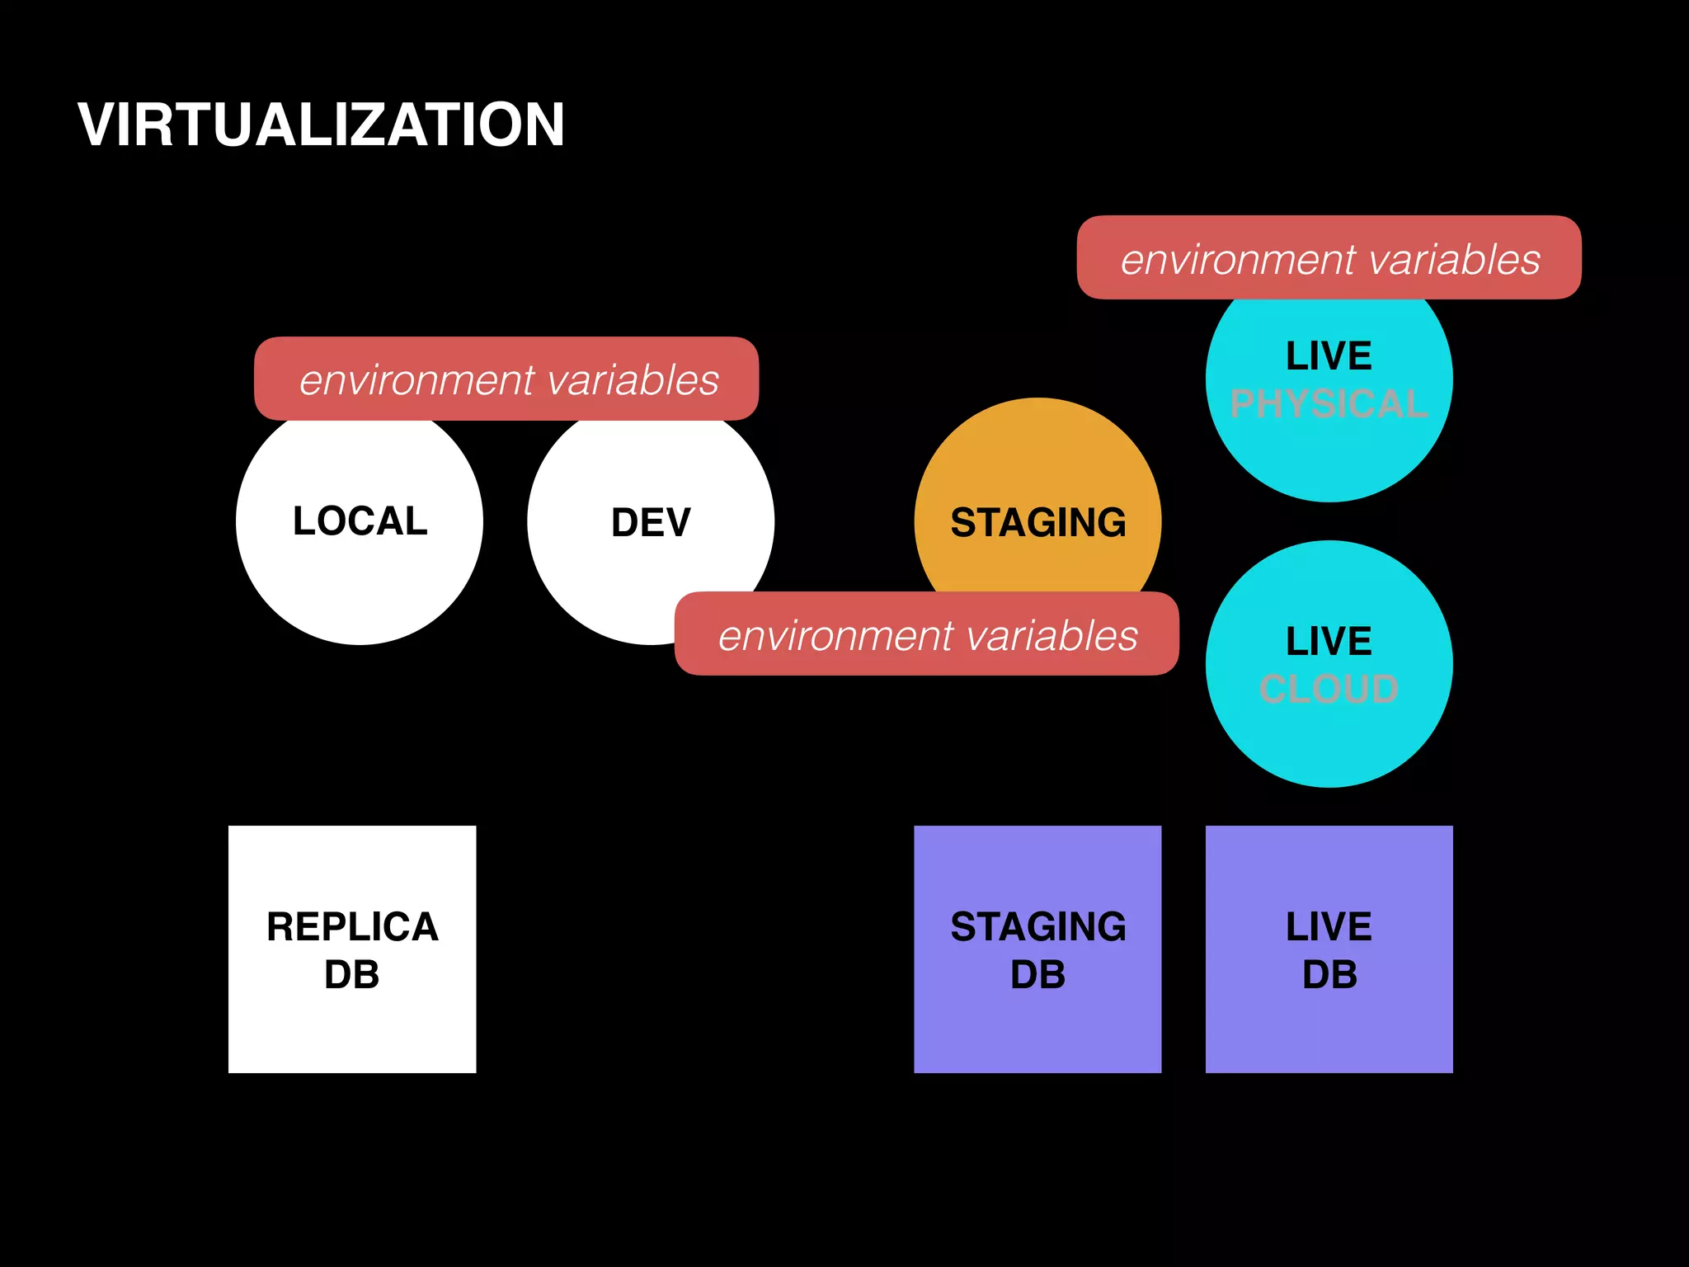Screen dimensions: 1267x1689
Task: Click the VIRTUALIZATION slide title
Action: [321, 125]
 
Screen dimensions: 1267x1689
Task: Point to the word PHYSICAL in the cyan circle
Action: [1329, 404]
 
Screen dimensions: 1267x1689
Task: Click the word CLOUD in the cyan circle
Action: [1329, 689]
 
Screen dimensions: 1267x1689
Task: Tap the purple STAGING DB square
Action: [1037, 1023]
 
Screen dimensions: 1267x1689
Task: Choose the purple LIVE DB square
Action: [1329, 1023]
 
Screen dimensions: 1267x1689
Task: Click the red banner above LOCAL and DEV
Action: [506, 379]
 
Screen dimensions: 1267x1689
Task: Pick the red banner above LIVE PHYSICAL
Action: [1329, 258]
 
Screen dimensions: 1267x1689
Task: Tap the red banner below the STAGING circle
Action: [927, 634]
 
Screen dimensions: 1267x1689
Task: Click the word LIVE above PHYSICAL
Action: [1329, 356]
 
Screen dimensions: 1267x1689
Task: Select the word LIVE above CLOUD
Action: [1329, 642]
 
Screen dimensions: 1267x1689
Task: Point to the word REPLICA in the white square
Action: [352, 927]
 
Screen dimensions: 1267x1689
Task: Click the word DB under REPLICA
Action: [352, 975]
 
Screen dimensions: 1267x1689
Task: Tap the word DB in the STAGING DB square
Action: [1037, 975]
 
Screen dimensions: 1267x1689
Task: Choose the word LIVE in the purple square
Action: [1329, 927]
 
